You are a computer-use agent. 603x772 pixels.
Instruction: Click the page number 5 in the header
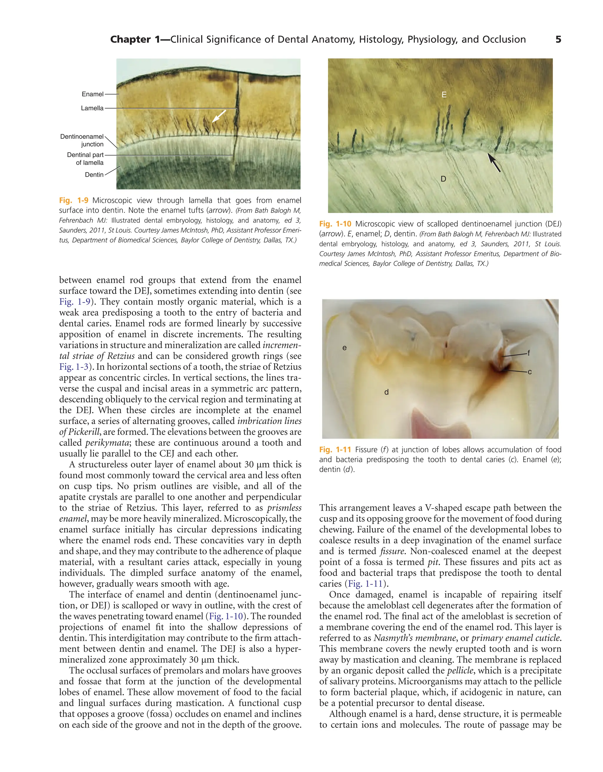[558, 39]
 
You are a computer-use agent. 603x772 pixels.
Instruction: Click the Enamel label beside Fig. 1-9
[92, 94]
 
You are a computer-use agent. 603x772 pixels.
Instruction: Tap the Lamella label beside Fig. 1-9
[92, 108]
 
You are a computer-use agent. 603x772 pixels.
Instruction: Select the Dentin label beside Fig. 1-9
[94, 175]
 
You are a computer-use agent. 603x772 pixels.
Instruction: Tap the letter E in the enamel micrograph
[444, 95]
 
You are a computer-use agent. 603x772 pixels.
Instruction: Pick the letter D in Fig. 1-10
[443, 179]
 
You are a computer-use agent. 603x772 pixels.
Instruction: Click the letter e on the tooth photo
[344, 348]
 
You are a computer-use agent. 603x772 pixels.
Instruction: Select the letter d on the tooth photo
[387, 392]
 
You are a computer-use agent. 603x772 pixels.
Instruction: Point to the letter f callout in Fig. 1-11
[529, 353]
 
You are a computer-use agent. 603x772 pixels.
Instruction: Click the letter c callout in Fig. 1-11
[529, 372]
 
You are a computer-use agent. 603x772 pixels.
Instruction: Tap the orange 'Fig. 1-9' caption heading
[74, 200]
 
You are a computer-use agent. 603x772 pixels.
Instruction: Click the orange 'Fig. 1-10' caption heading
[335, 224]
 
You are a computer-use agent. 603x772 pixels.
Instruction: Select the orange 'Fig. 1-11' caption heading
[335, 450]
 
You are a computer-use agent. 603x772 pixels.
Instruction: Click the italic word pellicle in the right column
[460, 671]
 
